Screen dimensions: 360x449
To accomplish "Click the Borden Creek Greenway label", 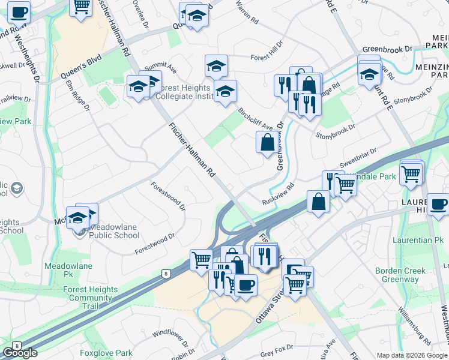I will click(x=400, y=275).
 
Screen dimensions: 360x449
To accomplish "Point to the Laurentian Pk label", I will click(x=413, y=239).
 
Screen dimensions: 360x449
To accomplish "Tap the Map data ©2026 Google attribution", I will click(x=412, y=355).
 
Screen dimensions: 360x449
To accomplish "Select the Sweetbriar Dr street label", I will click(x=358, y=158).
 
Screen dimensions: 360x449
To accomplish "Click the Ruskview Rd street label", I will click(x=278, y=195).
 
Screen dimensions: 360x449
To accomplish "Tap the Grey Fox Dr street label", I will click(x=276, y=349).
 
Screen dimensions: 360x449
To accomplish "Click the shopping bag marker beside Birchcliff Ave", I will click(x=267, y=143).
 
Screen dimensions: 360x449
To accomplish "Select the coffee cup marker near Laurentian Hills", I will click(x=438, y=203).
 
